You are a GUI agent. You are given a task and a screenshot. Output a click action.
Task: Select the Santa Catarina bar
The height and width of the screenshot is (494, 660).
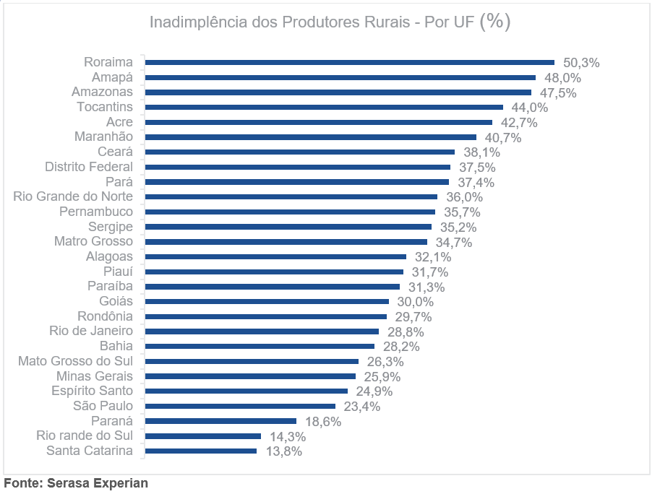201,451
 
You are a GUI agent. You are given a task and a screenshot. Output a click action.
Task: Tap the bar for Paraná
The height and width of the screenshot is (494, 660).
220,421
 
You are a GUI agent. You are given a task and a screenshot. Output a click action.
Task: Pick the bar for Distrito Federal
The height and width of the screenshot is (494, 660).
297,167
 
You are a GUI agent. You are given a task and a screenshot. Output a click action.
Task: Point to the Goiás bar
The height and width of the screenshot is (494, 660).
267,302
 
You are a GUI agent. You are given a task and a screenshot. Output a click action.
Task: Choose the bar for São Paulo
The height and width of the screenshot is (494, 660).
240,407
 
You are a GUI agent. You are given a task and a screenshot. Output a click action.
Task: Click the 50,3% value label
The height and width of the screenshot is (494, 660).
581,63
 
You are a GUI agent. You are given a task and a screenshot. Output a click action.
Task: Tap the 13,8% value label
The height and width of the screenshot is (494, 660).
283,451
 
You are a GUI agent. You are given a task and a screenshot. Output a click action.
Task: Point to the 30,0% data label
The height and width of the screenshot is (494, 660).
415,302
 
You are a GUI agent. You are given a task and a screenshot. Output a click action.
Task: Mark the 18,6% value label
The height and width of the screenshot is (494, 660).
323,421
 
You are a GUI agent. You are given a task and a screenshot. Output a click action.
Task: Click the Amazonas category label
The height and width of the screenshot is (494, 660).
102,92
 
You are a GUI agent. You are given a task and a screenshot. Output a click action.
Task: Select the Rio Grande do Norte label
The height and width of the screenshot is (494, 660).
73,197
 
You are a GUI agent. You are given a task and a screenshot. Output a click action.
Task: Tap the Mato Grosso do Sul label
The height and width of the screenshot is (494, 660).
75,361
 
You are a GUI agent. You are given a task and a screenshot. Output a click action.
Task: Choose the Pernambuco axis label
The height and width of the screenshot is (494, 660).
96,212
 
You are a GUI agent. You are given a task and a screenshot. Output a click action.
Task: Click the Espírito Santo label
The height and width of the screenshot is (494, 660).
92,391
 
